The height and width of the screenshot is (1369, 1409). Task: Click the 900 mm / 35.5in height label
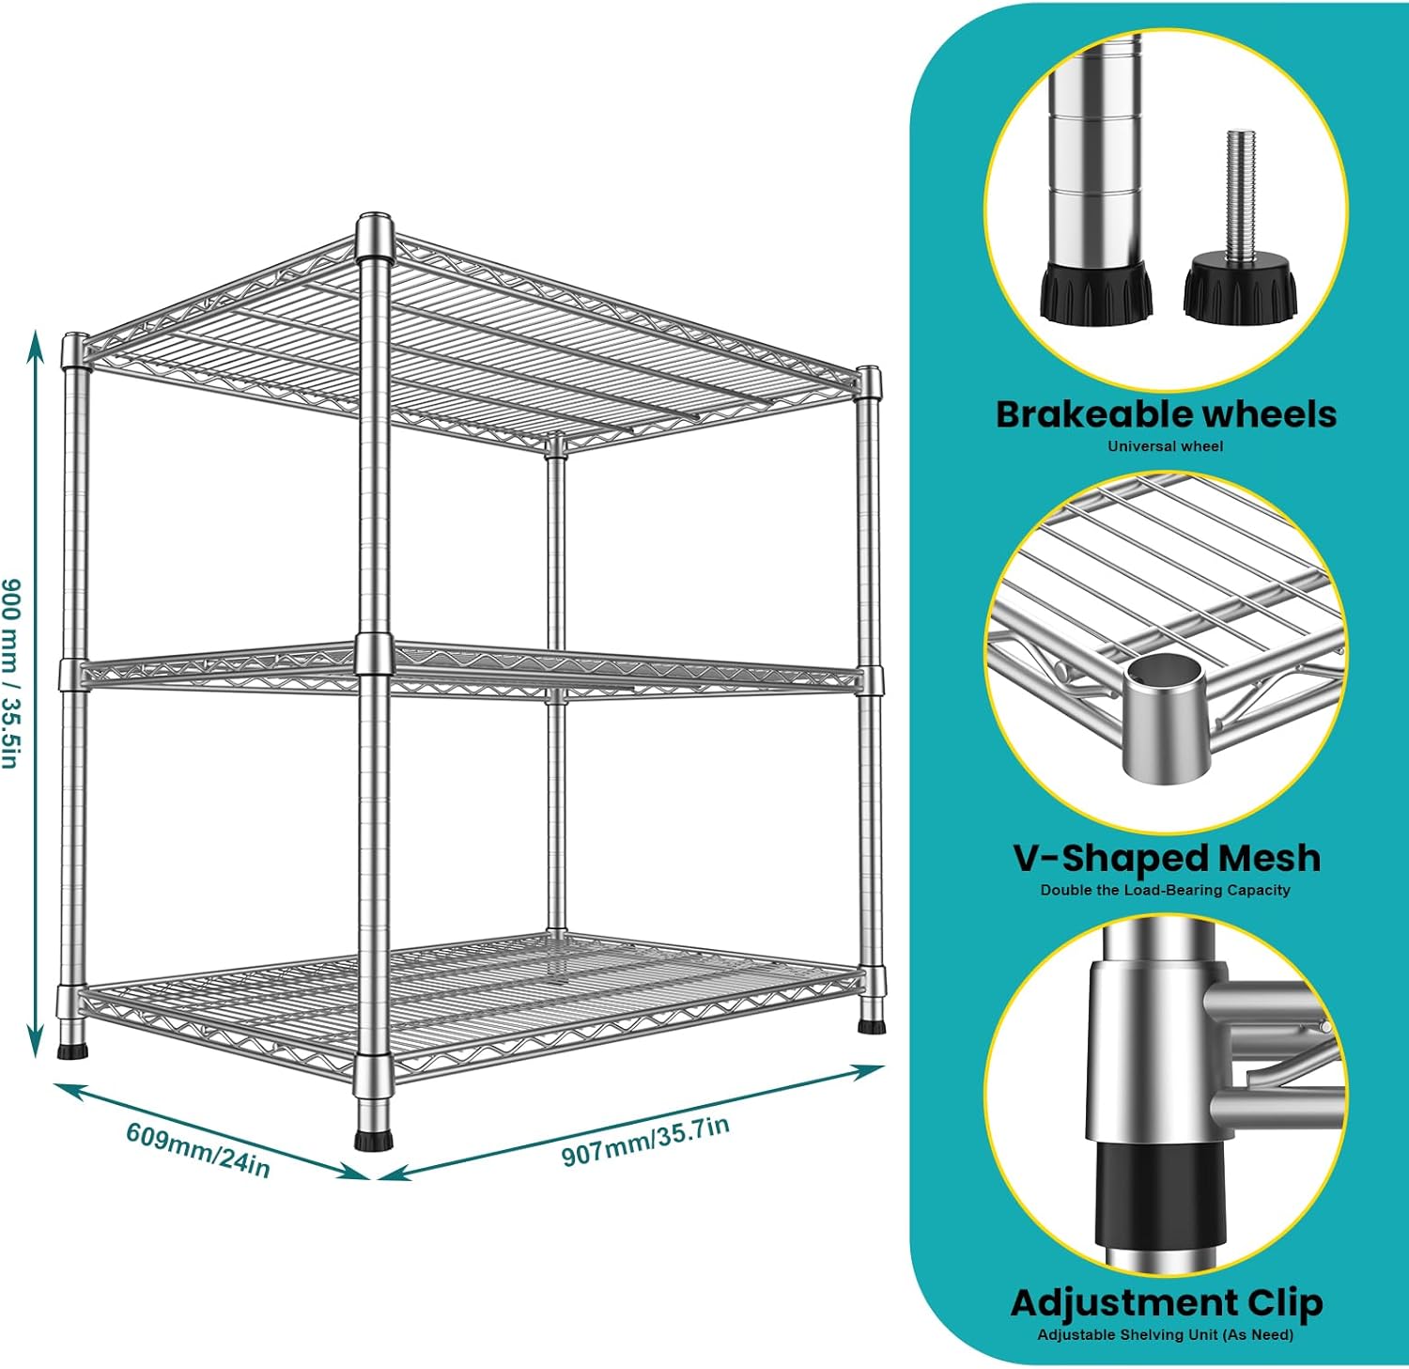point(11,673)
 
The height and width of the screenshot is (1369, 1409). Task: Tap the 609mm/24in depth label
point(198,1149)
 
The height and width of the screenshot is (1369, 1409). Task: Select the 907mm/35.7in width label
point(645,1141)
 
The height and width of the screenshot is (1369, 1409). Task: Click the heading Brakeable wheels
point(1165,414)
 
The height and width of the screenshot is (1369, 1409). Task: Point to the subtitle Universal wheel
point(1165,446)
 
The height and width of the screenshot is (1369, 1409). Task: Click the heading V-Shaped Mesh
point(1166,858)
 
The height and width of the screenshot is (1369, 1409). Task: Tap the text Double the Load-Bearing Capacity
point(1165,890)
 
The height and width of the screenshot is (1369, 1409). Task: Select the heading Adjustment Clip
point(1166,1302)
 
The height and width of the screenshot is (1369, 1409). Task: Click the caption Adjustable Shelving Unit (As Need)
point(1165,1334)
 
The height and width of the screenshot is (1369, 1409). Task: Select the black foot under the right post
point(871,1024)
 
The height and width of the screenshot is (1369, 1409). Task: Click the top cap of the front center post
point(375,226)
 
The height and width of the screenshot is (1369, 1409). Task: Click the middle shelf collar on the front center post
point(374,654)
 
